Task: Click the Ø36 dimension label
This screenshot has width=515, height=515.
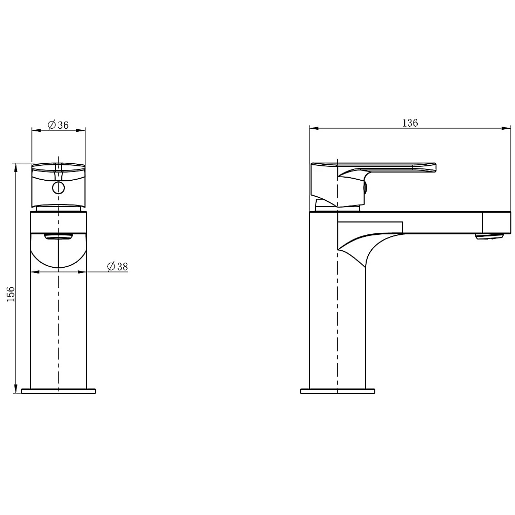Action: pyautogui.click(x=58, y=125)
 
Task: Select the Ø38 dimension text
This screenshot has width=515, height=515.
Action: pyautogui.click(x=117, y=266)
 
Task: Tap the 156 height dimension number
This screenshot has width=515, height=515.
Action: pyautogui.click(x=10, y=294)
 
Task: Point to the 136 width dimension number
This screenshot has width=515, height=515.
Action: pyautogui.click(x=410, y=123)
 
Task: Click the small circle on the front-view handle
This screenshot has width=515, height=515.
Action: pyautogui.click(x=59, y=188)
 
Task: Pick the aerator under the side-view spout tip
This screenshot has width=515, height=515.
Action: pyautogui.click(x=490, y=236)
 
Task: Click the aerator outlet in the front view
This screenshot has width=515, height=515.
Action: pyautogui.click(x=59, y=236)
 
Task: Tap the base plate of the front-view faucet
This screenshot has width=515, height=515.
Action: pyautogui.click(x=59, y=391)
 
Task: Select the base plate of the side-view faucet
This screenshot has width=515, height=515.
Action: pyautogui.click(x=338, y=391)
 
